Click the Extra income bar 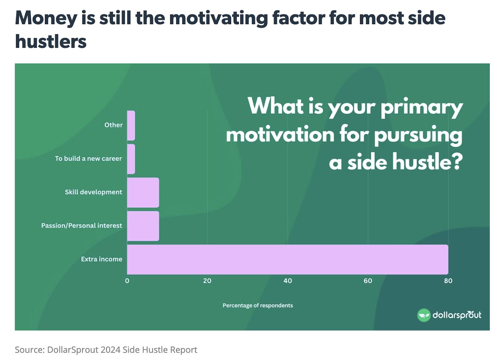point(287,259)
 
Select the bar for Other point(131,125)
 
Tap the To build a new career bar point(131,159)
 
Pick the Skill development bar point(143,192)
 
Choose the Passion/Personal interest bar point(143,226)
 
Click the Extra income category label point(102,259)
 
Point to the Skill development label point(93,192)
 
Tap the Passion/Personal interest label point(81,225)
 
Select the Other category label point(113,125)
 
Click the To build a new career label point(88,158)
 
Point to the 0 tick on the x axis point(127,281)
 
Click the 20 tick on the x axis point(207,281)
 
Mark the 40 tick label point(288,281)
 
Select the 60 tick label point(368,281)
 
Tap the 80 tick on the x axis point(448,281)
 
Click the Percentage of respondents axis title point(257,305)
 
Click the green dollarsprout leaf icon point(423,315)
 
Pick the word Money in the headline point(46,18)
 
